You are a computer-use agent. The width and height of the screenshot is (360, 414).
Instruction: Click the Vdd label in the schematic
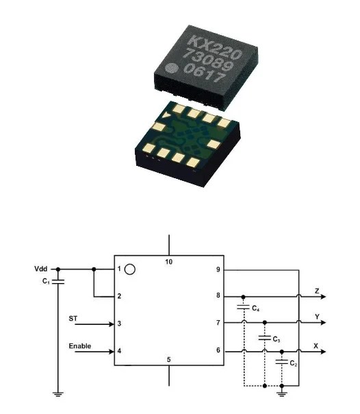[x=40, y=269]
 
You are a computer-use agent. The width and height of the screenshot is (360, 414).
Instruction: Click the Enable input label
[x=79, y=346]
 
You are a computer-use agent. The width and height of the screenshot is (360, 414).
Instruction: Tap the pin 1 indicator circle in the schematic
[x=130, y=270]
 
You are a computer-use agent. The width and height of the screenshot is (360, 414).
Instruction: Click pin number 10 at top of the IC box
[x=169, y=262]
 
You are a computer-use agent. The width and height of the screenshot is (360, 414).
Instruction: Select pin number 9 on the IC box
[x=218, y=270]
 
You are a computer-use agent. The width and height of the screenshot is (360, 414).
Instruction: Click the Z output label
[x=316, y=290]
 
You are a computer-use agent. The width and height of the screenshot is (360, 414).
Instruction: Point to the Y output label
[x=316, y=316]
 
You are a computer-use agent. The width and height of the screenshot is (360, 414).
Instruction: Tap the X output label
[x=316, y=345]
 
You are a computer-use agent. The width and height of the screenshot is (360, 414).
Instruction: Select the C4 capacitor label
[x=255, y=310]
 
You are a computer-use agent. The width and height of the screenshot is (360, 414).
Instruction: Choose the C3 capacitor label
[x=275, y=339]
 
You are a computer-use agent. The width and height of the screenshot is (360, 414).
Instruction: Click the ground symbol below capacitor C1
[x=58, y=394]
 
